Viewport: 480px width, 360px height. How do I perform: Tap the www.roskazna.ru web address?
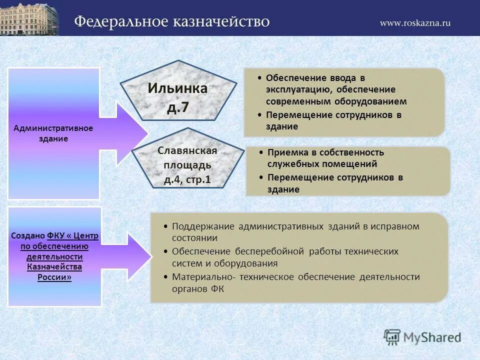(x=414, y=23)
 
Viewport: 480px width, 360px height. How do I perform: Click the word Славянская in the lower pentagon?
(x=187, y=150)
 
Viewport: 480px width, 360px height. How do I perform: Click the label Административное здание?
(x=53, y=133)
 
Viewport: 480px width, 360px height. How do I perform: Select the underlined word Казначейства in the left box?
(x=54, y=266)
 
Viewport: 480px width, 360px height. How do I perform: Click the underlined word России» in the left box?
(x=54, y=277)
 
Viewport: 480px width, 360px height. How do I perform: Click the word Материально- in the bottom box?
(x=203, y=276)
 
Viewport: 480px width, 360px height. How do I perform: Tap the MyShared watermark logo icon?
(x=392, y=336)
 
